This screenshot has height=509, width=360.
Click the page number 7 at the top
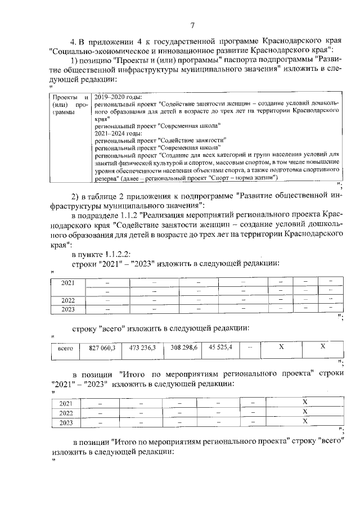point(192,25)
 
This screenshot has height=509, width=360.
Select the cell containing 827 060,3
point(102,348)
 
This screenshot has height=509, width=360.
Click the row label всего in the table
point(66,349)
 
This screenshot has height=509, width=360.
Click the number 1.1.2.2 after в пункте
point(116,253)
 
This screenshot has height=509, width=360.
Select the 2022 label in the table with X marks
point(67,412)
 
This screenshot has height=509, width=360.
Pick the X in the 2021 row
point(304,403)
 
